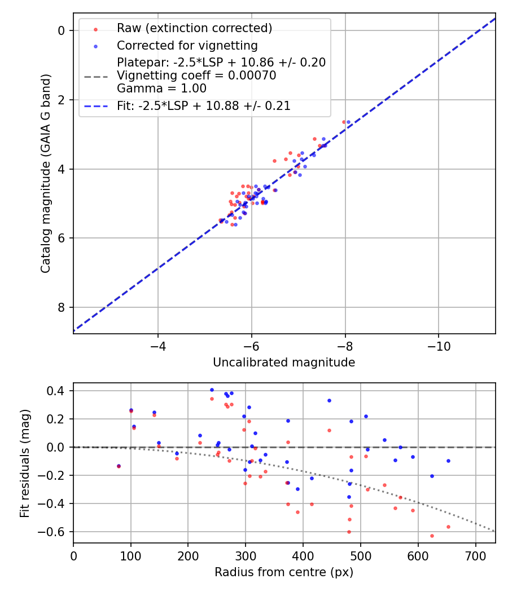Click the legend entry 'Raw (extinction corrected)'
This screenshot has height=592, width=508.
coord(194,28)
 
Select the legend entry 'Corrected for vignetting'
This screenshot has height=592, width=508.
coord(187,46)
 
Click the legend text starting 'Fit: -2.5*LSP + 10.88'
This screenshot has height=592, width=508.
coord(204,106)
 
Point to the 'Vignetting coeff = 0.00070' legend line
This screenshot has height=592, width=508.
coord(196,76)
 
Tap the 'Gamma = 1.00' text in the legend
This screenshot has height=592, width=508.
coord(161,89)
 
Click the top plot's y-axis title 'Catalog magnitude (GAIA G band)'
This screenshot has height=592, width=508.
coord(46,173)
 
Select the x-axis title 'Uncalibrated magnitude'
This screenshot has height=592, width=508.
coord(284,363)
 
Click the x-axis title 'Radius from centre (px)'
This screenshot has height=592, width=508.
coord(284,572)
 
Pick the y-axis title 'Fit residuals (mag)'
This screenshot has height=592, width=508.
coord(24,463)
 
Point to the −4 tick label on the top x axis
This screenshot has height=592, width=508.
coord(157,345)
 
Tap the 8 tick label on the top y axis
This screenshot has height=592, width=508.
coord(62,307)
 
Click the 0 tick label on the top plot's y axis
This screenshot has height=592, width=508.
coord(62,30)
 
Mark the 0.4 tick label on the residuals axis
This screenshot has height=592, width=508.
coord(58,391)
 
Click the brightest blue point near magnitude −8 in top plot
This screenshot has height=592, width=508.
coord(348,122)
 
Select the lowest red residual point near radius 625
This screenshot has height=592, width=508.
coord(432,536)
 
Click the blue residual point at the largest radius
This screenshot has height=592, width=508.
coord(448,461)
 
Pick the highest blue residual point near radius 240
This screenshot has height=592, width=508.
coord(212,390)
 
